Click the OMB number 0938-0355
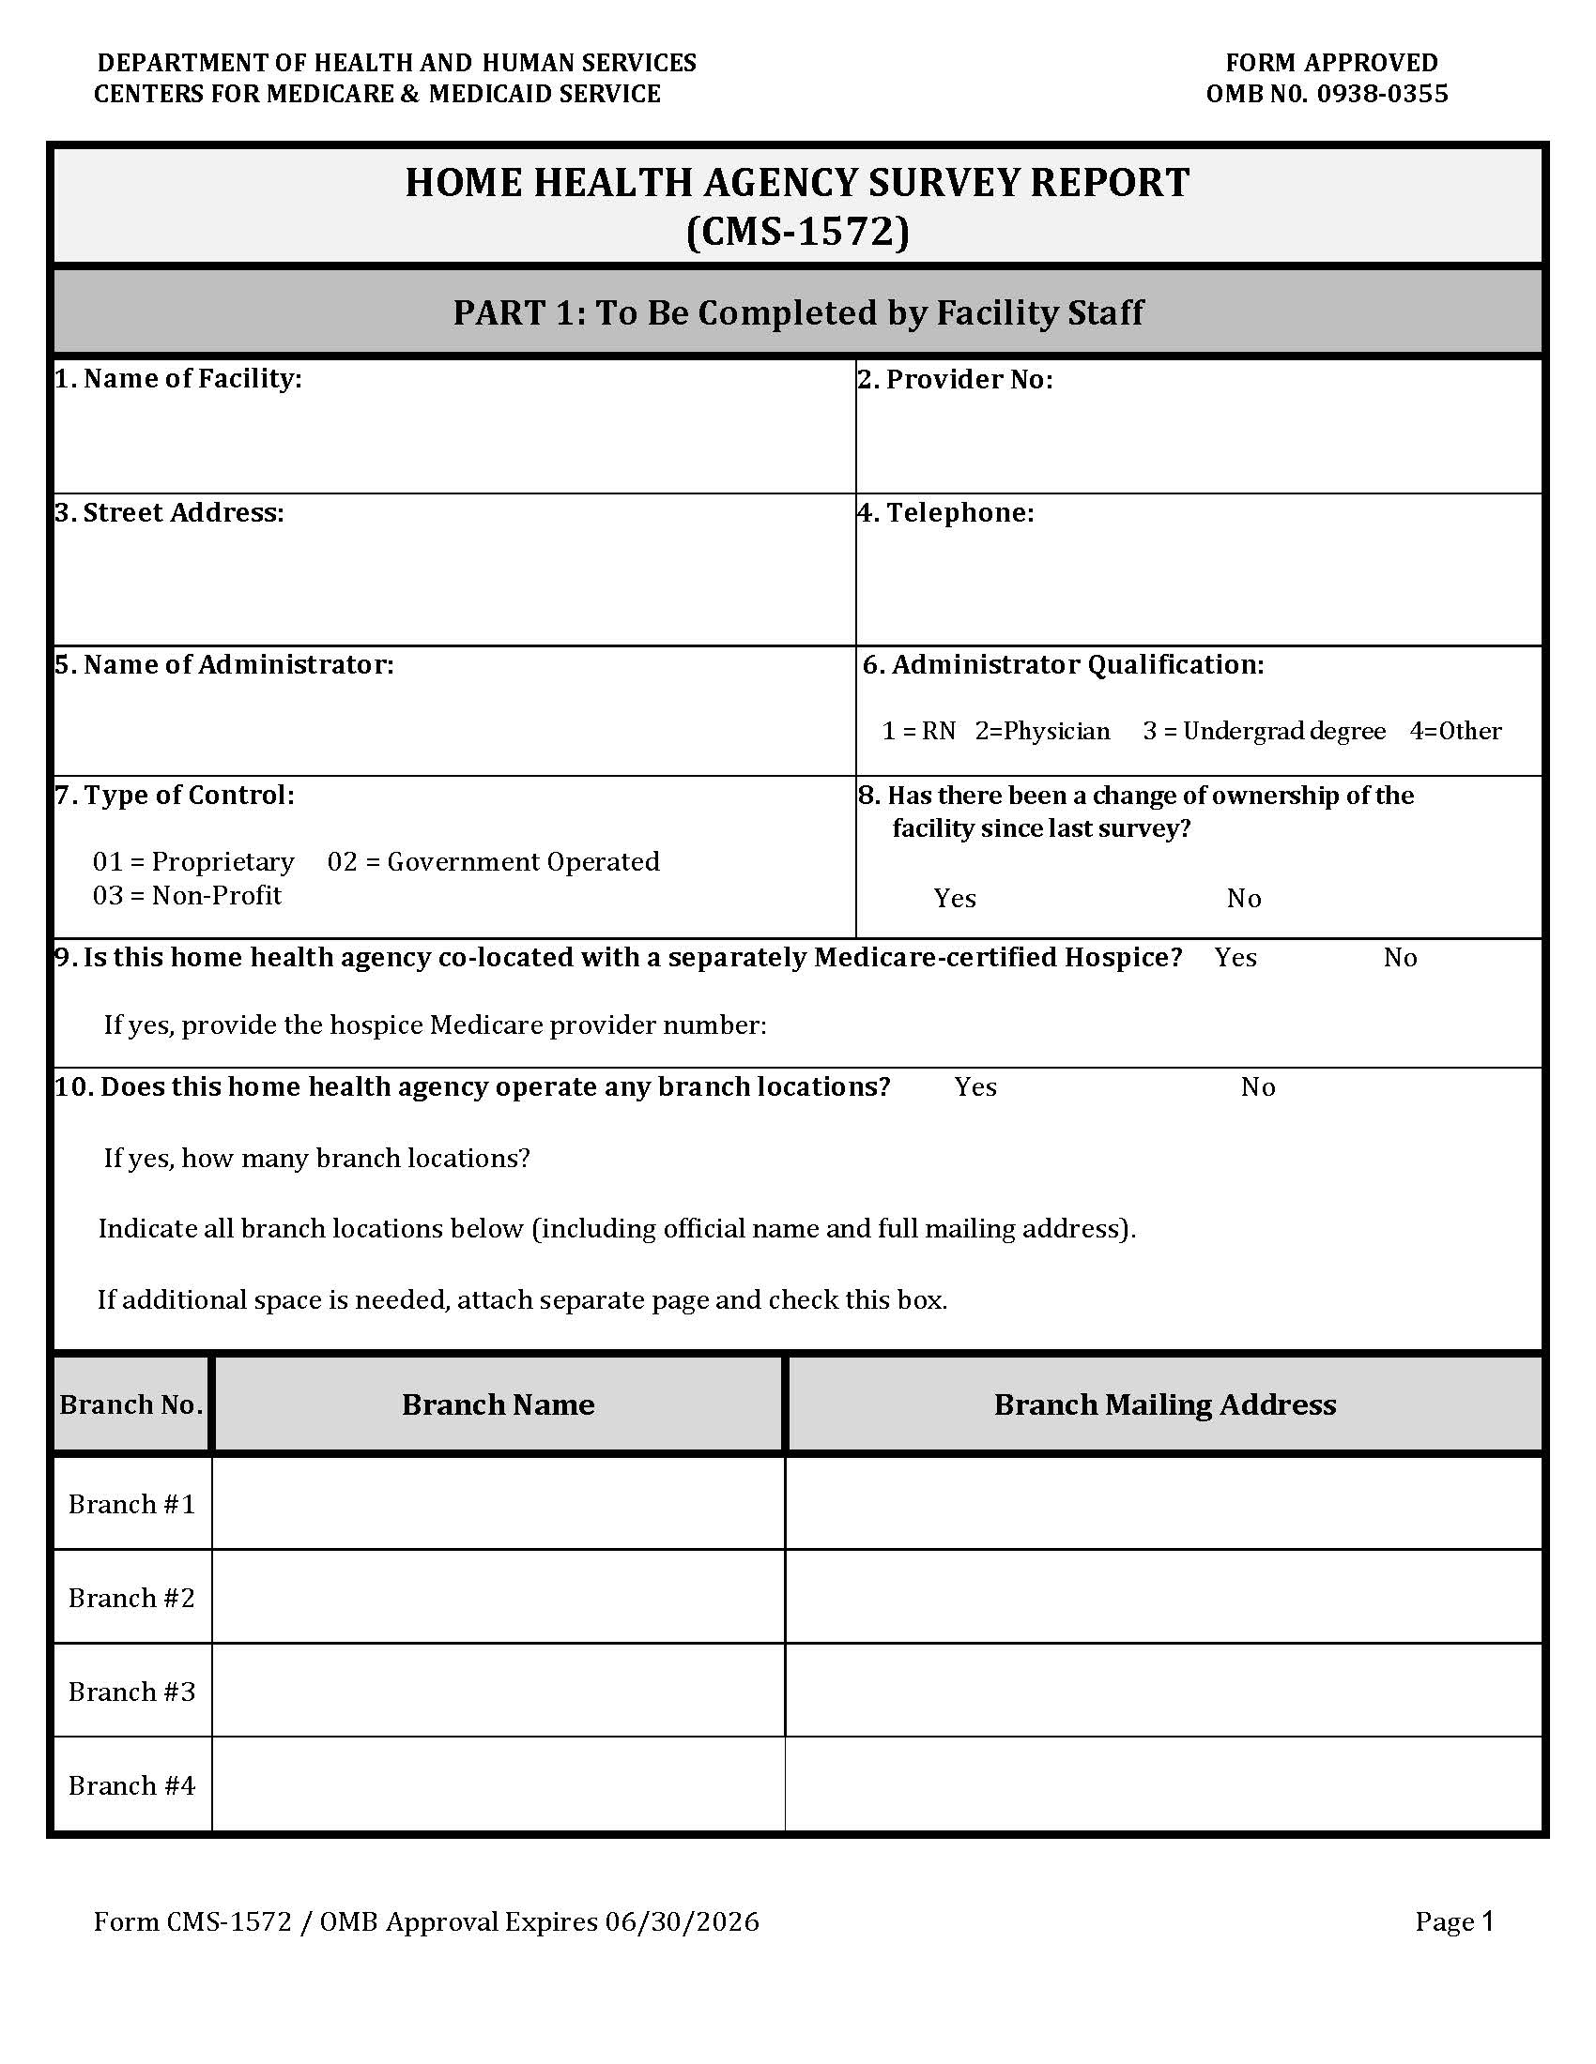[1380, 94]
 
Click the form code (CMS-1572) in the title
[797, 232]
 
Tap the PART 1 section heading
[797, 312]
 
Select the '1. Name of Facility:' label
[177, 379]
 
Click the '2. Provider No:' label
[955, 379]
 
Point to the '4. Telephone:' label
[945, 512]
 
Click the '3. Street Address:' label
[169, 512]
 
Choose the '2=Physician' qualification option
[1042, 731]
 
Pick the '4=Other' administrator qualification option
[1455, 731]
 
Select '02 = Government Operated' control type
[493, 861]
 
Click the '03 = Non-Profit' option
[186, 895]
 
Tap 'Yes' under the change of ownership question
[954, 898]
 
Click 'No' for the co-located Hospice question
[1400, 957]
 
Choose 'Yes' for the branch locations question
[974, 1086]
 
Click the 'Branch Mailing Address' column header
[1164, 1404]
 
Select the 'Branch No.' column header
[131, 1404]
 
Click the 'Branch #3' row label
[131, 1691]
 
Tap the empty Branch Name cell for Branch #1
[499, 1503]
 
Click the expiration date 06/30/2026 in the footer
[682, 1921]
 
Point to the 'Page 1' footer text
[1453, 1921]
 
